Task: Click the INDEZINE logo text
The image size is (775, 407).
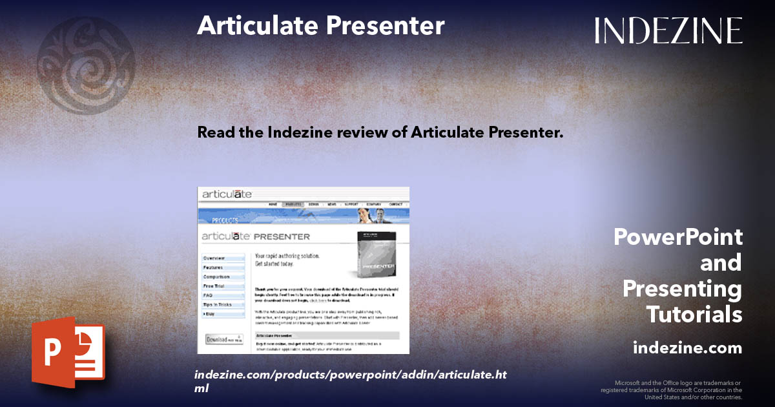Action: click(x=668, y=30)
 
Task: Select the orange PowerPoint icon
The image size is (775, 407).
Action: click(x=68, y=356)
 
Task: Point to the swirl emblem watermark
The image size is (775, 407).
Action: click(x=86, y=65)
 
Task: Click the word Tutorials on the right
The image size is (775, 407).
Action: click(x=694, y=315)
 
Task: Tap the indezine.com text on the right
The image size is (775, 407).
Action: click(x=687, y=348)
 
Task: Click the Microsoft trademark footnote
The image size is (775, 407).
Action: click(x=672, y=390)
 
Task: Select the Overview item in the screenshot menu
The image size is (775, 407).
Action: click(x=214, y=258)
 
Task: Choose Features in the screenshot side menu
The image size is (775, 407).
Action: click(x=213, y=267)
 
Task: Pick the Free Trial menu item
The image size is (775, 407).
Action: click(x=214, y=286)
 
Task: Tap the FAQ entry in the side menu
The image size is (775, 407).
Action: click(x=208, y=295)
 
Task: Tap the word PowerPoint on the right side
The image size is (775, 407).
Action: click(x=678, y=237)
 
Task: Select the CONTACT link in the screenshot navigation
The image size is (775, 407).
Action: click(x=396, y=204)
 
